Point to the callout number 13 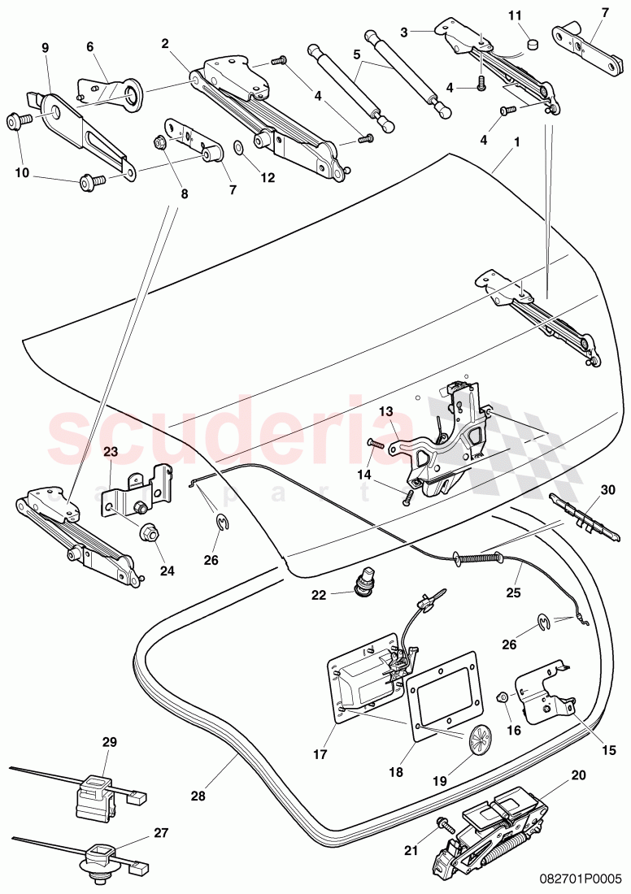point(385,412)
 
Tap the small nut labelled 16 point(503,697)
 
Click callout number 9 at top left point(46,48)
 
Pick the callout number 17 point(320,754)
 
